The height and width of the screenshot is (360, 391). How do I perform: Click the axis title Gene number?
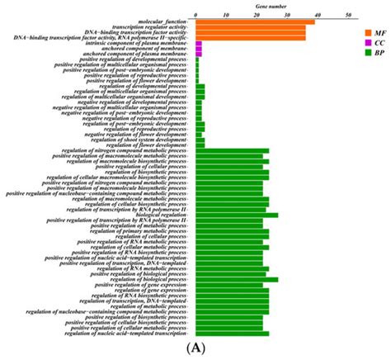click(x=271, y=5)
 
